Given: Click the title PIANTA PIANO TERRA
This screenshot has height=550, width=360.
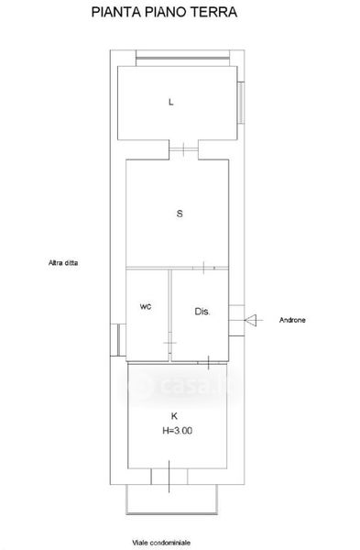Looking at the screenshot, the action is click(164, 12).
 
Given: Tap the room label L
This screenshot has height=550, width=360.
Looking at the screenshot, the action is click(171, 102).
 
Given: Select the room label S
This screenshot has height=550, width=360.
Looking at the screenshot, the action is click(180, 214).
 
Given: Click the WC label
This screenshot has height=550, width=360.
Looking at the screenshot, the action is click(146, 306).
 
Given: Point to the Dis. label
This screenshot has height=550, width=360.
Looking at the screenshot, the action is click(202, 311).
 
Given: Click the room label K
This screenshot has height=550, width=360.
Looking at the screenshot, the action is click(174, 416).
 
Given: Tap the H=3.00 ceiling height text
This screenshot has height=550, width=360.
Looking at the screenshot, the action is click(178, 431).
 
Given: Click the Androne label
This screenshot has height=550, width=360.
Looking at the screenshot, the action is click(292, 320).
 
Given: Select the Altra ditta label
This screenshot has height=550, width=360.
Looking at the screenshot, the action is click(63, 262).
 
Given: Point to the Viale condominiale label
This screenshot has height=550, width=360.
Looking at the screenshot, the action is click(161, 543).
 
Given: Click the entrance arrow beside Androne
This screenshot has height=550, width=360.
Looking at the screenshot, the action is click(250, 320).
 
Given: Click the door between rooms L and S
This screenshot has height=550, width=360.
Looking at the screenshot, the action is click(184, 149).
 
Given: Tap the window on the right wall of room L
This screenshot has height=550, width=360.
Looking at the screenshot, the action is click(241, 103).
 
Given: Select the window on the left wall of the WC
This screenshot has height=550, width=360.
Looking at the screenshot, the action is click(118, 339).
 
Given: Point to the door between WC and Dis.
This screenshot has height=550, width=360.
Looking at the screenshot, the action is click(170, 342).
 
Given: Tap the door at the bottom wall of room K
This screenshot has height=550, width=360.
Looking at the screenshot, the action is click(169, 477).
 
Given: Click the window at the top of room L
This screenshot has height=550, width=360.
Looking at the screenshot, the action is click(182, 59).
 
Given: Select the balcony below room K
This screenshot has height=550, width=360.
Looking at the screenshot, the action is click(172, 500).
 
